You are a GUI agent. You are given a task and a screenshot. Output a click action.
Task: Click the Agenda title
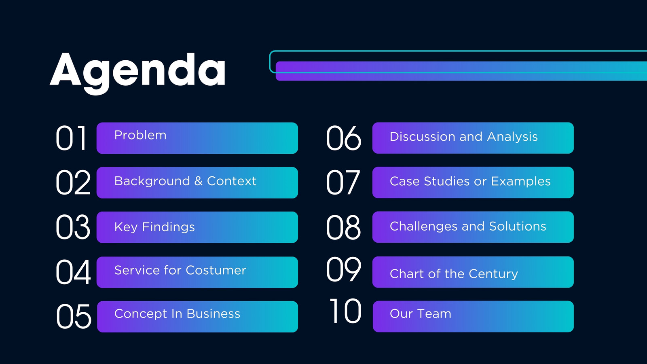(137, 73)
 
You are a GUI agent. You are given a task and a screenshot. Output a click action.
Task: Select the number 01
(71, 138)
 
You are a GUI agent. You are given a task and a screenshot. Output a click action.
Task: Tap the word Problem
(140, 135)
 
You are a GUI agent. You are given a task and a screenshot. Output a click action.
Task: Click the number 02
(73, 182)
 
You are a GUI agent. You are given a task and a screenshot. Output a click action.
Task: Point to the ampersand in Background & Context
(199, 181)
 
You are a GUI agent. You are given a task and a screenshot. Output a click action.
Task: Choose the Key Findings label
(154, 227)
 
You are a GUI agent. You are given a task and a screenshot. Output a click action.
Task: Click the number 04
(73, 272)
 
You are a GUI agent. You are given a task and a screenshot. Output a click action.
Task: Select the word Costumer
(216, 271)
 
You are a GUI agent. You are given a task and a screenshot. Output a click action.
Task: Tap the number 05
(74, 316)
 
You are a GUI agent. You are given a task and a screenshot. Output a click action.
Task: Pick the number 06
(344, 138)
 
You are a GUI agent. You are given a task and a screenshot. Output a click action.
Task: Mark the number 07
(343, 182)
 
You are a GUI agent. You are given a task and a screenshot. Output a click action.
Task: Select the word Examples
(521, 182)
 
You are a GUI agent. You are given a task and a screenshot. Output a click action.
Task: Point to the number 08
(343, 227)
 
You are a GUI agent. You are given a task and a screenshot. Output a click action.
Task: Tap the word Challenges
(423, 226)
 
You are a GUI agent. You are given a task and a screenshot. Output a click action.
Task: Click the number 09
(344, 269)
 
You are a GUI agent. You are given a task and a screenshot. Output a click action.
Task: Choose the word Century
(493, 274)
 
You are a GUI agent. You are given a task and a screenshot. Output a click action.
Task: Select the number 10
(345, 311)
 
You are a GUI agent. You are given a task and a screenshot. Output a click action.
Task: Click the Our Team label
(421, 314)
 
